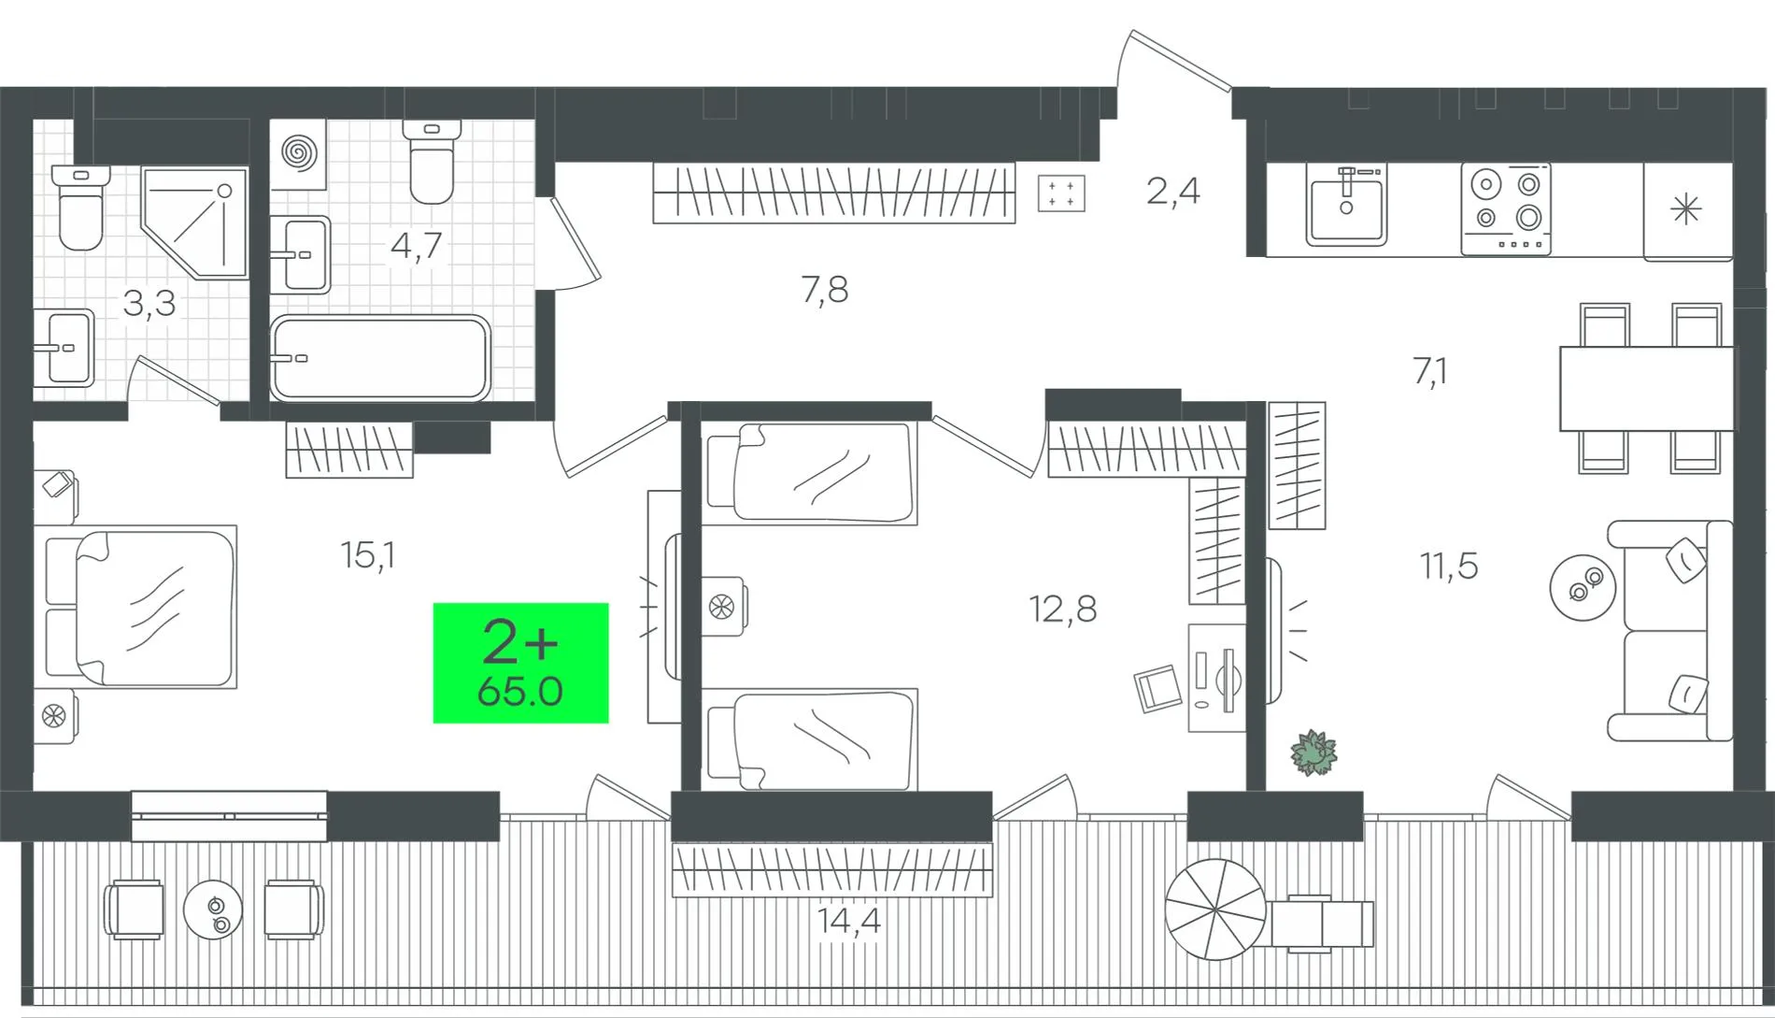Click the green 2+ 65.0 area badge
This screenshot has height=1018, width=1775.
(520, 663)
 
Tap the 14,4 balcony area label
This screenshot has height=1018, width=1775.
(848, 922)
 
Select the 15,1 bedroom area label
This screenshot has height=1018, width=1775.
(368, 555)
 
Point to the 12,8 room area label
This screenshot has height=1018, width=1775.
(1062, 609)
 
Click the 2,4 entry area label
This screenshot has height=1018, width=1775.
(1172, 192)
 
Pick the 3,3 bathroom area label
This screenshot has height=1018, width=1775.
(149, 304)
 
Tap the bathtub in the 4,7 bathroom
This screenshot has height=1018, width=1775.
(380, 358)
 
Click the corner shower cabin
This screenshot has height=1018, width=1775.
(194, 222)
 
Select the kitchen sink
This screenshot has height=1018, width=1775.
(1346, 205)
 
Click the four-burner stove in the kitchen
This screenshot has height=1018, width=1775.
(1506, 208)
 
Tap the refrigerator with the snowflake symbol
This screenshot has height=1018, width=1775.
(1687, 210)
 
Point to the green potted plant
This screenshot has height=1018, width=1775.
(1313, 753)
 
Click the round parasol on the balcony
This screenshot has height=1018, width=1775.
(1214, 910)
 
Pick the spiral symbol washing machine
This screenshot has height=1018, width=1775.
(298, 153)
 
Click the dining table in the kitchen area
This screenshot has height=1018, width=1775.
(1646, 388)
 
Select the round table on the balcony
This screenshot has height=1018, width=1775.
(213, 909)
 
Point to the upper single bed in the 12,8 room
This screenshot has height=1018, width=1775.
(809, 473)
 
